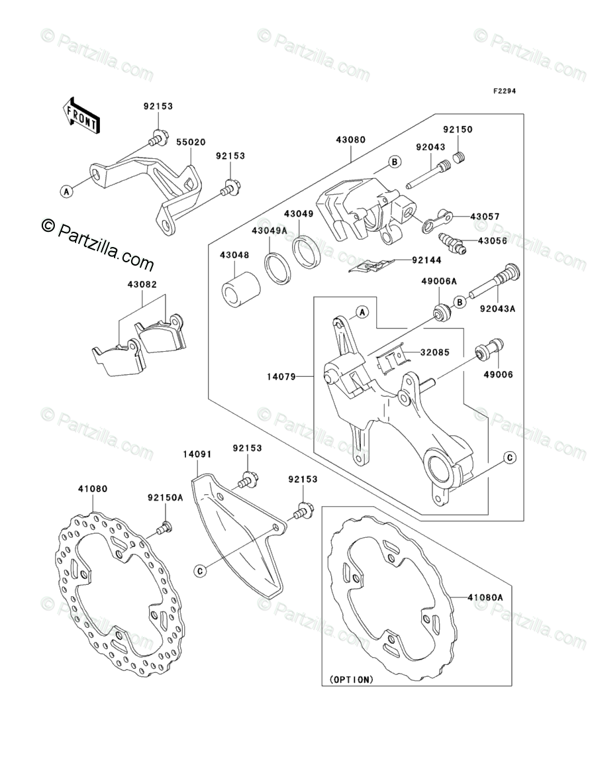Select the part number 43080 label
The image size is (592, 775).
pyautogui.click(x=351, y=140)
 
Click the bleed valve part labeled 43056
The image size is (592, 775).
pyautogui.click(x=454, y=244)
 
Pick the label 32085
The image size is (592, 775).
pyautogui.click(x=434, y=352)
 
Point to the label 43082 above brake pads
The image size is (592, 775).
pyautogui.click(x=142, y=284)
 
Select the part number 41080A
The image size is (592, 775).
pyautogui.click(x=487, y=597)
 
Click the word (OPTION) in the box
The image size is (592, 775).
pyautogui.click(x=351, y=679)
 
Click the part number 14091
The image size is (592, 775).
pyautogui.click(x=197, y=454)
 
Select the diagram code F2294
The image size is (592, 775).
pyautogui.click(x=502, y=92)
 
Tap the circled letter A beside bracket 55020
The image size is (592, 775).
pyautogui.click(x=66, y=191)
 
